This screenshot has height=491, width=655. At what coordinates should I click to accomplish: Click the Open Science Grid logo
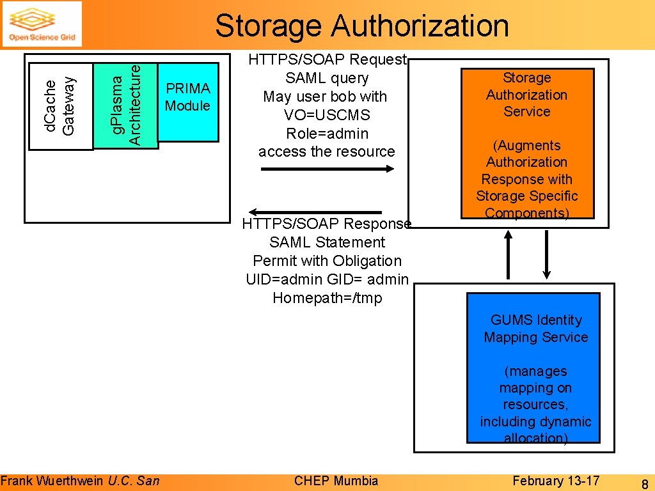pos(42,24)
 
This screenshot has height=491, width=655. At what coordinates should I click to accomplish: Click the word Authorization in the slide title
pos(420,26)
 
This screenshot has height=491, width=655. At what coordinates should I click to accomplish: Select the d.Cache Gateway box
pos(61,105)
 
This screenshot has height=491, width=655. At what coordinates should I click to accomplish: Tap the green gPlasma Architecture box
pos(125,105)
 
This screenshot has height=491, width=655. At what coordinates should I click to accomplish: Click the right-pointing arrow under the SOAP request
pos(327,169)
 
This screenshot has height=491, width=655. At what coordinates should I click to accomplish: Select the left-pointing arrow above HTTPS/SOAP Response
pos(315,212)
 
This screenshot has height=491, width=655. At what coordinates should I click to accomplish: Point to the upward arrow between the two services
pos(509,253)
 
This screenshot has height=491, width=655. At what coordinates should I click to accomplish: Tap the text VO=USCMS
pos(327,115)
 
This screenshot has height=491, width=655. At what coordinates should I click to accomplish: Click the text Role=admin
pos(327,134)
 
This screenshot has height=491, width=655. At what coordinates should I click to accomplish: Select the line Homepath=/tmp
pos(327,298)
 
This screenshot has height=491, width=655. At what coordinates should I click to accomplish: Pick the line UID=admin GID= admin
pos(327,279)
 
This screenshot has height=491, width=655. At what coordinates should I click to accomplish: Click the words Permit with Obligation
pos(327,261)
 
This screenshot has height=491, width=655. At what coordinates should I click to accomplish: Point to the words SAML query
pos(327,78)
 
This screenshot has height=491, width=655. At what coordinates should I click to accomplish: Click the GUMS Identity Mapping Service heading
pos(535,329)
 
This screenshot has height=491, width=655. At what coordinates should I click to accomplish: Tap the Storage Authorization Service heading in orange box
pos(526,95)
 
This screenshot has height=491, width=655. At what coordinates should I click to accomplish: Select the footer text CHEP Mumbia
pos(336,481)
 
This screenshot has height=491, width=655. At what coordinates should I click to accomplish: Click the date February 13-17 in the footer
pos(556,481)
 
